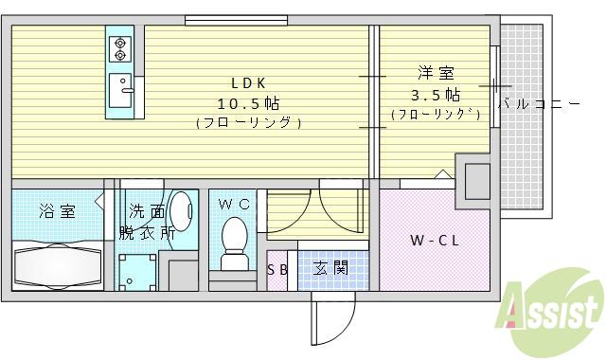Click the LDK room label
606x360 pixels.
(x=250, y=82)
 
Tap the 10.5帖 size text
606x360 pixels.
(x=249, y=102)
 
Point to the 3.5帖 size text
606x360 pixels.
(x=436, y=95)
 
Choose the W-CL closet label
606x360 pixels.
(x=434, y=241)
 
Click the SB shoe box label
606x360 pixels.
(x=277, y=269)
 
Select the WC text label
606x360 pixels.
(x=232, y=205)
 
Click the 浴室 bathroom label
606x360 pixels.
(x=57, y=210)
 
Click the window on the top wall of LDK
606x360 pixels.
(x=223, y=19)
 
